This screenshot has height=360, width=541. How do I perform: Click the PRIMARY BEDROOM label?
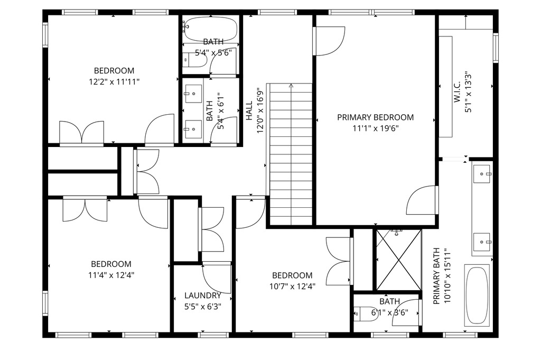coord(376,117)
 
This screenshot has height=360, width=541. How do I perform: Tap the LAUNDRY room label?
coord(202,296)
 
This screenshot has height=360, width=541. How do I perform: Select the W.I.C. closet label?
coord(457,92)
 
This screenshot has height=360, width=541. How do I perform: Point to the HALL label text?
coord(249,111)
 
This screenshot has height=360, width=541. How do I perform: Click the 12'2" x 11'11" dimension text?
coord(114,82)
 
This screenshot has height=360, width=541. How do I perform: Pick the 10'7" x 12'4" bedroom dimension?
coord(292,287)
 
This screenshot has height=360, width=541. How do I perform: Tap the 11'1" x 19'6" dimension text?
coord(376,128)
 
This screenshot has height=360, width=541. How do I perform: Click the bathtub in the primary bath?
coord(477,295)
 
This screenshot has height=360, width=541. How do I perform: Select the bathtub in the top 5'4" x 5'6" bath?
coord(211,29)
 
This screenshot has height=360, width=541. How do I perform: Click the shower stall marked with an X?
coord(398,260)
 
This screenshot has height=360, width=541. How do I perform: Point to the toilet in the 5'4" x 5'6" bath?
coord(195,60)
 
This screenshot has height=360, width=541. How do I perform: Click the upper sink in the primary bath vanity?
coord(482,174)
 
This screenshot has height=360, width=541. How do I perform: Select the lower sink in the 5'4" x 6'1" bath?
coord(193,129)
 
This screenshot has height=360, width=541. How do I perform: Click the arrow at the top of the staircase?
coord(291,86)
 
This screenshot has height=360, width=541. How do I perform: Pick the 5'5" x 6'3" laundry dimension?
coord(202,307)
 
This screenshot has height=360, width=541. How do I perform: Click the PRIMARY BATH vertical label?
coord(436,276)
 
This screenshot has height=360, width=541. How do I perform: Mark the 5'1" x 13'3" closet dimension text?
coord(468,92)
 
